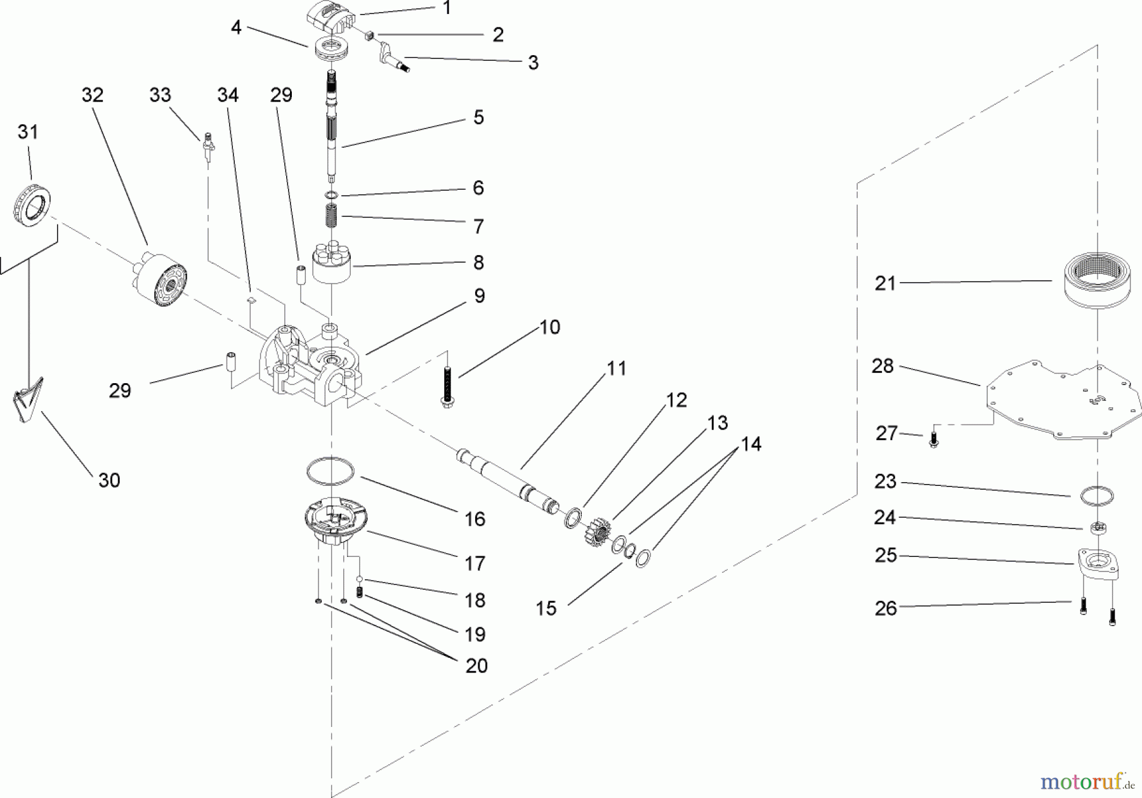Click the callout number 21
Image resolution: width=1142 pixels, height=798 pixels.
[x=885, y=284]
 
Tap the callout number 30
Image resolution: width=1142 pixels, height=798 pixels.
[x=109, y=480]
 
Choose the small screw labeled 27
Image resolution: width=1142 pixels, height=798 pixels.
[x=933, y=439]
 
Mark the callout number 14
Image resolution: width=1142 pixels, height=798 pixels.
[x=751, y=444]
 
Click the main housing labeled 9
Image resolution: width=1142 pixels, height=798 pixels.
[x=311, y=368]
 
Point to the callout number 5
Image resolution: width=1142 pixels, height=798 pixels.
[x=478, y=117]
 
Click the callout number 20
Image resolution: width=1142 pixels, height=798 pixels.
[x=476, y=665]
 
